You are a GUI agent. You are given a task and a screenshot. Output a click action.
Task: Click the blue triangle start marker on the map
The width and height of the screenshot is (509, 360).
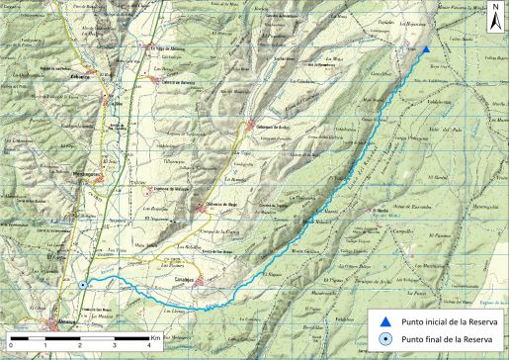point(425,49)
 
